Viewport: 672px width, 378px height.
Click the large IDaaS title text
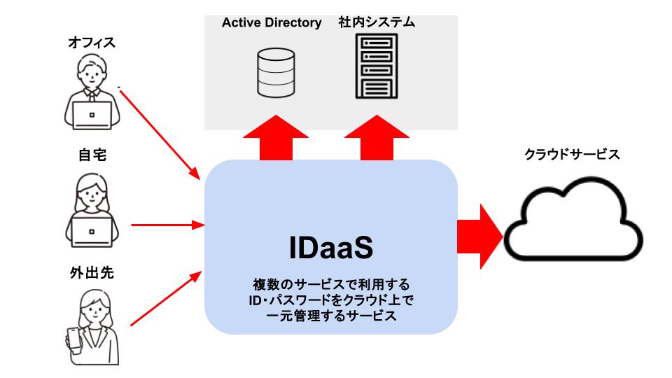coord(331,248)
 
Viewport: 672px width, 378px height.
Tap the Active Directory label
coord(272,22)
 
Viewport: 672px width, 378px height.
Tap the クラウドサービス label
coord(572,154)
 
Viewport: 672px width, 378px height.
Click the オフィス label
coord(92,43)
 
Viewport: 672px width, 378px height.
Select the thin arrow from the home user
coord(167,225)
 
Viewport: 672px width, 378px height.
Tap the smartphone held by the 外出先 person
coord(73,339)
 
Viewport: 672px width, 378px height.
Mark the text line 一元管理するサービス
coord(331,316)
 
